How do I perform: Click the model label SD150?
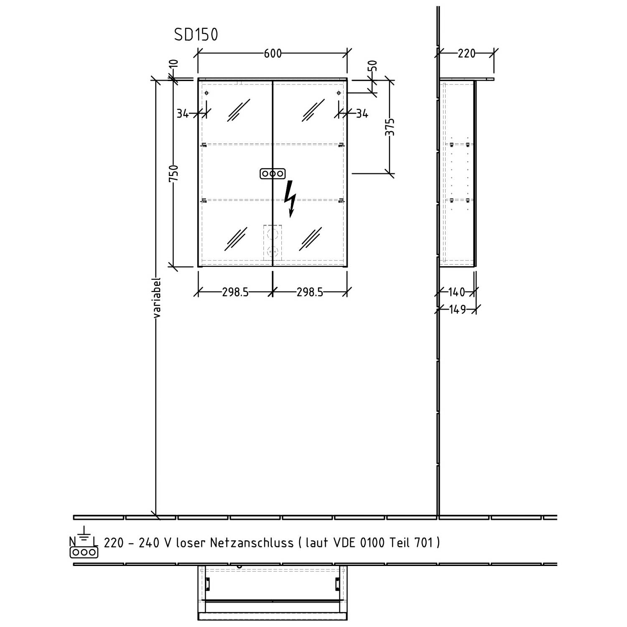pyautogui.click(x=196, y=35)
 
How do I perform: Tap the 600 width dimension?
pyautogui.click(x=273, y=54)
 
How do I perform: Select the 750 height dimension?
pyautogui.click(x=173, y=173)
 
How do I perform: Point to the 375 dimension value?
pyautogui.click(x=390, y=127)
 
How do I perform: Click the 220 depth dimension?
pyautogui.click(x=466, y=54)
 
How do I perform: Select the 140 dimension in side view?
pyautogui.click(x=456, y=292)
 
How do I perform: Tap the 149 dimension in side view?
pyautogui.click(x=457, y=310)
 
